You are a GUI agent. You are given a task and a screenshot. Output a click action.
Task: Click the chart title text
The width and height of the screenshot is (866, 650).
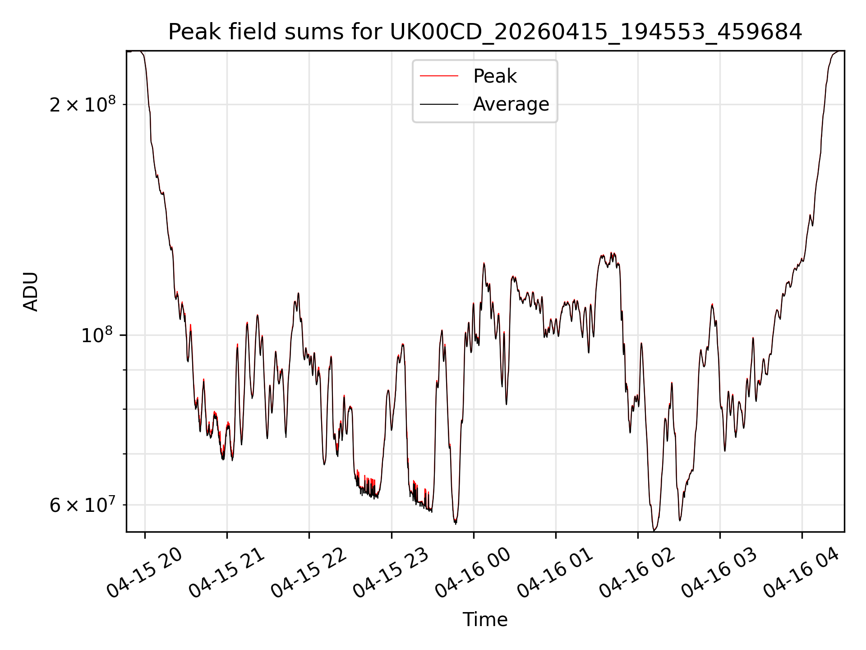485,32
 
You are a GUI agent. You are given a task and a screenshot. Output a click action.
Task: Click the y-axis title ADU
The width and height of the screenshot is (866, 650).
31,292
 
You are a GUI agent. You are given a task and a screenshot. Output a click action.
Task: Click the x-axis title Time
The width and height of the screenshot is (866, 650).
485,619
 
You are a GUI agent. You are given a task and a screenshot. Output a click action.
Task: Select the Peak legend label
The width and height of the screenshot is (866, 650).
495,76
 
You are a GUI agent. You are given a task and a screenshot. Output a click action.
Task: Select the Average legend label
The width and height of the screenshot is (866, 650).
511,104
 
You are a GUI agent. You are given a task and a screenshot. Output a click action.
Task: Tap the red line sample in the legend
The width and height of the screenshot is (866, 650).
439,76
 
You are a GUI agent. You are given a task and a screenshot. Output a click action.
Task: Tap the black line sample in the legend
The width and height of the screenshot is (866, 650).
439,104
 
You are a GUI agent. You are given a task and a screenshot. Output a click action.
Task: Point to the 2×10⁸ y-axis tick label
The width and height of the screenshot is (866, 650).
83,105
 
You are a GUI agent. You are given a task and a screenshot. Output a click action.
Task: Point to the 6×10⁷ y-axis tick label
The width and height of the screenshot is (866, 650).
83,505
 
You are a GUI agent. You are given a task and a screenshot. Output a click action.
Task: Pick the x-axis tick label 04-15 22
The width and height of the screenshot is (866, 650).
309,572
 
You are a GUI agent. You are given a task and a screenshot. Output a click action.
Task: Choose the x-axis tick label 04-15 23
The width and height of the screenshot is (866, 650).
392,572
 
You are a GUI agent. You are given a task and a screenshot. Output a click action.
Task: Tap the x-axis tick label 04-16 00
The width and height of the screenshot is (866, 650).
474,572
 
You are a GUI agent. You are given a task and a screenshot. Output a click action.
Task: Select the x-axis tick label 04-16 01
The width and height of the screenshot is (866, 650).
556,572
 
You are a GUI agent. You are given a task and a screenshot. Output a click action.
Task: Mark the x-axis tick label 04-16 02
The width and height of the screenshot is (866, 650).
638,572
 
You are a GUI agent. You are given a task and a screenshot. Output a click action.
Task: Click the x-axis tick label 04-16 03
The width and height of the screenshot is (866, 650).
720,572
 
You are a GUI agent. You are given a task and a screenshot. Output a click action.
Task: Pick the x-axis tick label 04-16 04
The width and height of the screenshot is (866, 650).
802,572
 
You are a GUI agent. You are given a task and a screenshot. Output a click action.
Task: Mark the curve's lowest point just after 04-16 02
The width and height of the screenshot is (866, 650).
654,530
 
